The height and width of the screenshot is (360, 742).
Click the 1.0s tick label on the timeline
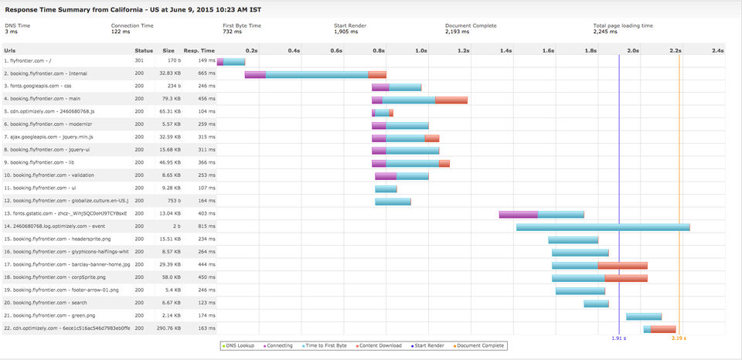[420, 50]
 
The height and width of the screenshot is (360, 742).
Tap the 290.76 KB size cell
[168, 328]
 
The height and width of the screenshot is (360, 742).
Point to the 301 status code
[139, 61]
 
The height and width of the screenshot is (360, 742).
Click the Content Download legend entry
[380, 345]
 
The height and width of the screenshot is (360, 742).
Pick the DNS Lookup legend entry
[240, 345]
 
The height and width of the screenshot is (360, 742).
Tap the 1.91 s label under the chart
[618, 338]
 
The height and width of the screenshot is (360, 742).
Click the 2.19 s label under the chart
[679, 338]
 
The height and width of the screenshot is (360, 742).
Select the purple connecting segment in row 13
[518, 214]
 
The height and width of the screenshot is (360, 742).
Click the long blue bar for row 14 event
[603, 226]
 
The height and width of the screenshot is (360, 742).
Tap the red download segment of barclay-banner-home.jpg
[622, 265]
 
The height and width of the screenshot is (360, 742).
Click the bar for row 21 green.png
[644, 316]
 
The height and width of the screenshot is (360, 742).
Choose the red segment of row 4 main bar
[451, 100]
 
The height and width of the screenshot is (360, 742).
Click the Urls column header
[11, 50]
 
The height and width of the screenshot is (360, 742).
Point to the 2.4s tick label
[717, 50]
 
